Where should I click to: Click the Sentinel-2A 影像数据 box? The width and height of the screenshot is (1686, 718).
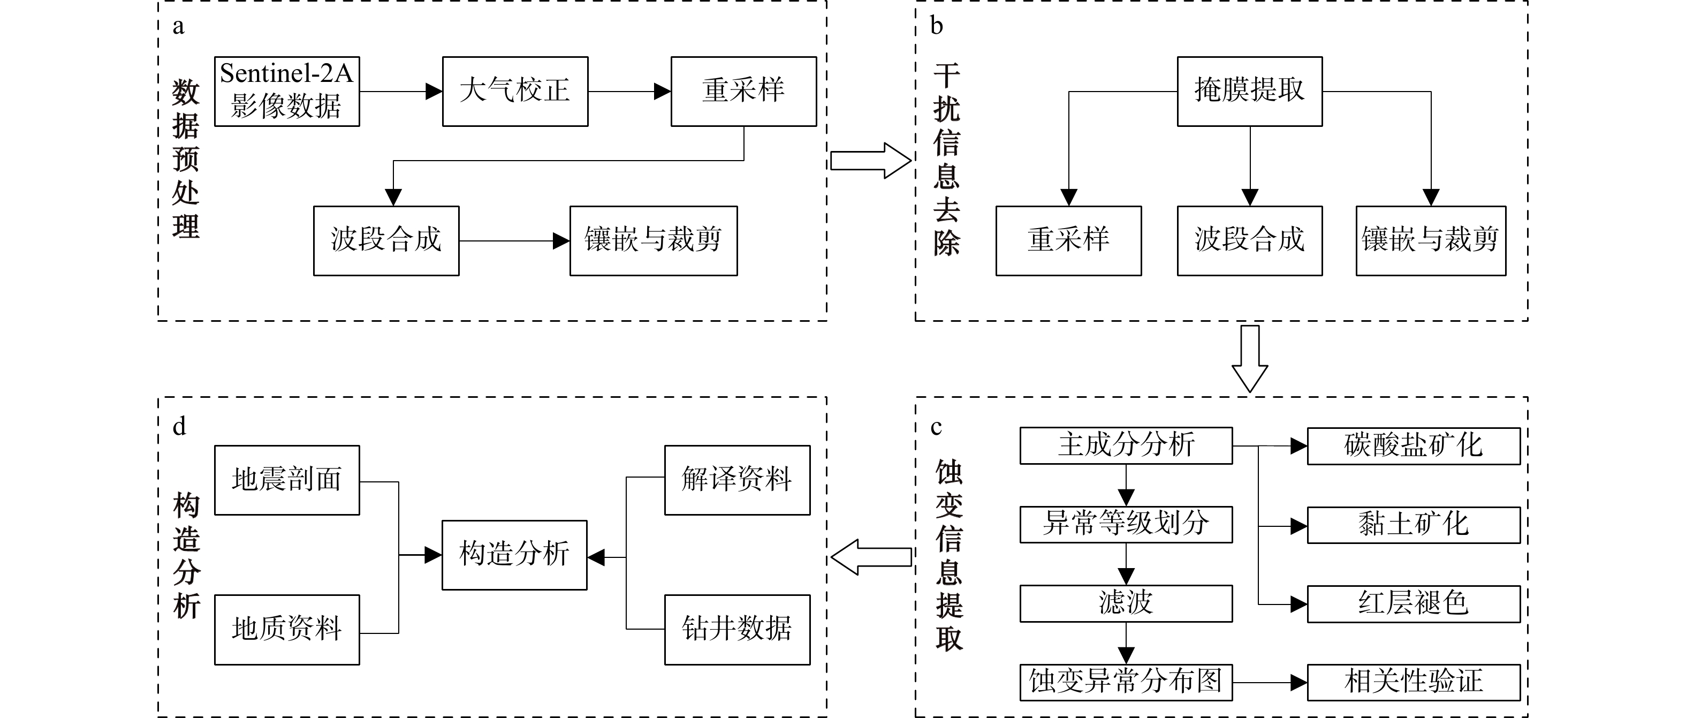[x=287, y=92]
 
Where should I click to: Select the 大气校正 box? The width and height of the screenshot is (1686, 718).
[x=515, y=92]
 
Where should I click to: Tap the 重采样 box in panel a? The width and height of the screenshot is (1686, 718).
[x=743, y=92]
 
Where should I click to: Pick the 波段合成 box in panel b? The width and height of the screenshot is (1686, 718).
[x=1249, y=241]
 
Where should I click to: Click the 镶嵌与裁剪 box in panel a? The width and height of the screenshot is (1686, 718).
[x=653, y=241]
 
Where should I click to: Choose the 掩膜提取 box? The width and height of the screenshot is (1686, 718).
[x=1249, y=92]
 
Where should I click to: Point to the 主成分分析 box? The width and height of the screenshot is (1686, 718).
[x=1126, y=445]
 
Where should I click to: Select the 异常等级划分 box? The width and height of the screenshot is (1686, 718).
[x=1126, y=524]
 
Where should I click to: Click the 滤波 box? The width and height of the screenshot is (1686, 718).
[x=1126, y=603]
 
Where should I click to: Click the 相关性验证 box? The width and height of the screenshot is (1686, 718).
[x=1413, y=683]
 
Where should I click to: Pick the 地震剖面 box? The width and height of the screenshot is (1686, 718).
[x=287, y=480]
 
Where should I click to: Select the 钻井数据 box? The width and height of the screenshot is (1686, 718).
[x=737, y=630]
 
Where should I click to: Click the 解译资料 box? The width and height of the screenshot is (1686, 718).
[x=737, y=480]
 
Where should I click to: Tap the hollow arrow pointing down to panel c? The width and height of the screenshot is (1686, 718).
[x=1249, y=359]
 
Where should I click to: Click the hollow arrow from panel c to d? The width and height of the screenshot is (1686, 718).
[x=870, y=557]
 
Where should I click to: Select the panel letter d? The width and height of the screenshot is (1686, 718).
[x=179, y=427]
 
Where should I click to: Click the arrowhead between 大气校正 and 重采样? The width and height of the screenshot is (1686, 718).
[x=663, y=92]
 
